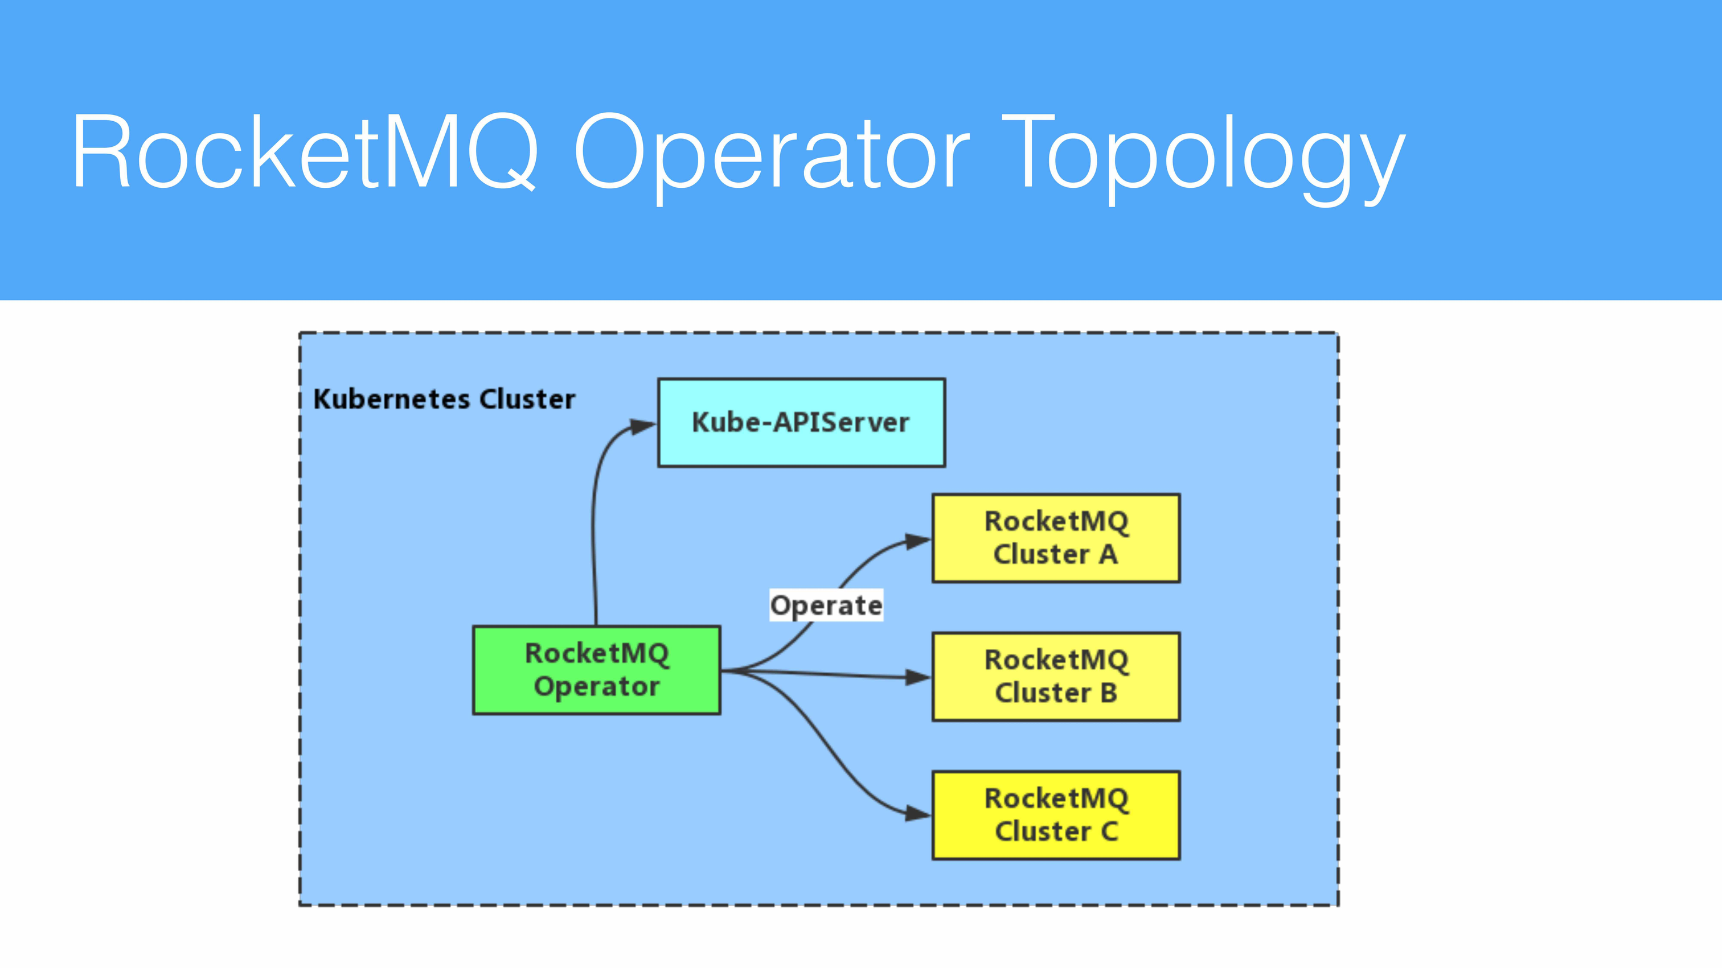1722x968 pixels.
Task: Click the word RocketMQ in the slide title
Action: coord(304,153)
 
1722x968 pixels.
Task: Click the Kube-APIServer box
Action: coord(801,422)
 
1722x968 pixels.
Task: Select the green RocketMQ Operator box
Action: coord(596,670)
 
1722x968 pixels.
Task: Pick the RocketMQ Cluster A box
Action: coord(1056,538)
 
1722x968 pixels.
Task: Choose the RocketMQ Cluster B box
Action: coord(1056,676)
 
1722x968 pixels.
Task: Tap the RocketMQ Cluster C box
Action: coord(1056,815)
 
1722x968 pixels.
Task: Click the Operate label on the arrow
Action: coord(826,605)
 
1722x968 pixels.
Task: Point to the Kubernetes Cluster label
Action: coord(444,399)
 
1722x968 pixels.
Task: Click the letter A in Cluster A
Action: coord(1108,554)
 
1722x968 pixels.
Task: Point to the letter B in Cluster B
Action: coord(1108,693)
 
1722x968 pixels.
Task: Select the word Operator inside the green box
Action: coord(596,687)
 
